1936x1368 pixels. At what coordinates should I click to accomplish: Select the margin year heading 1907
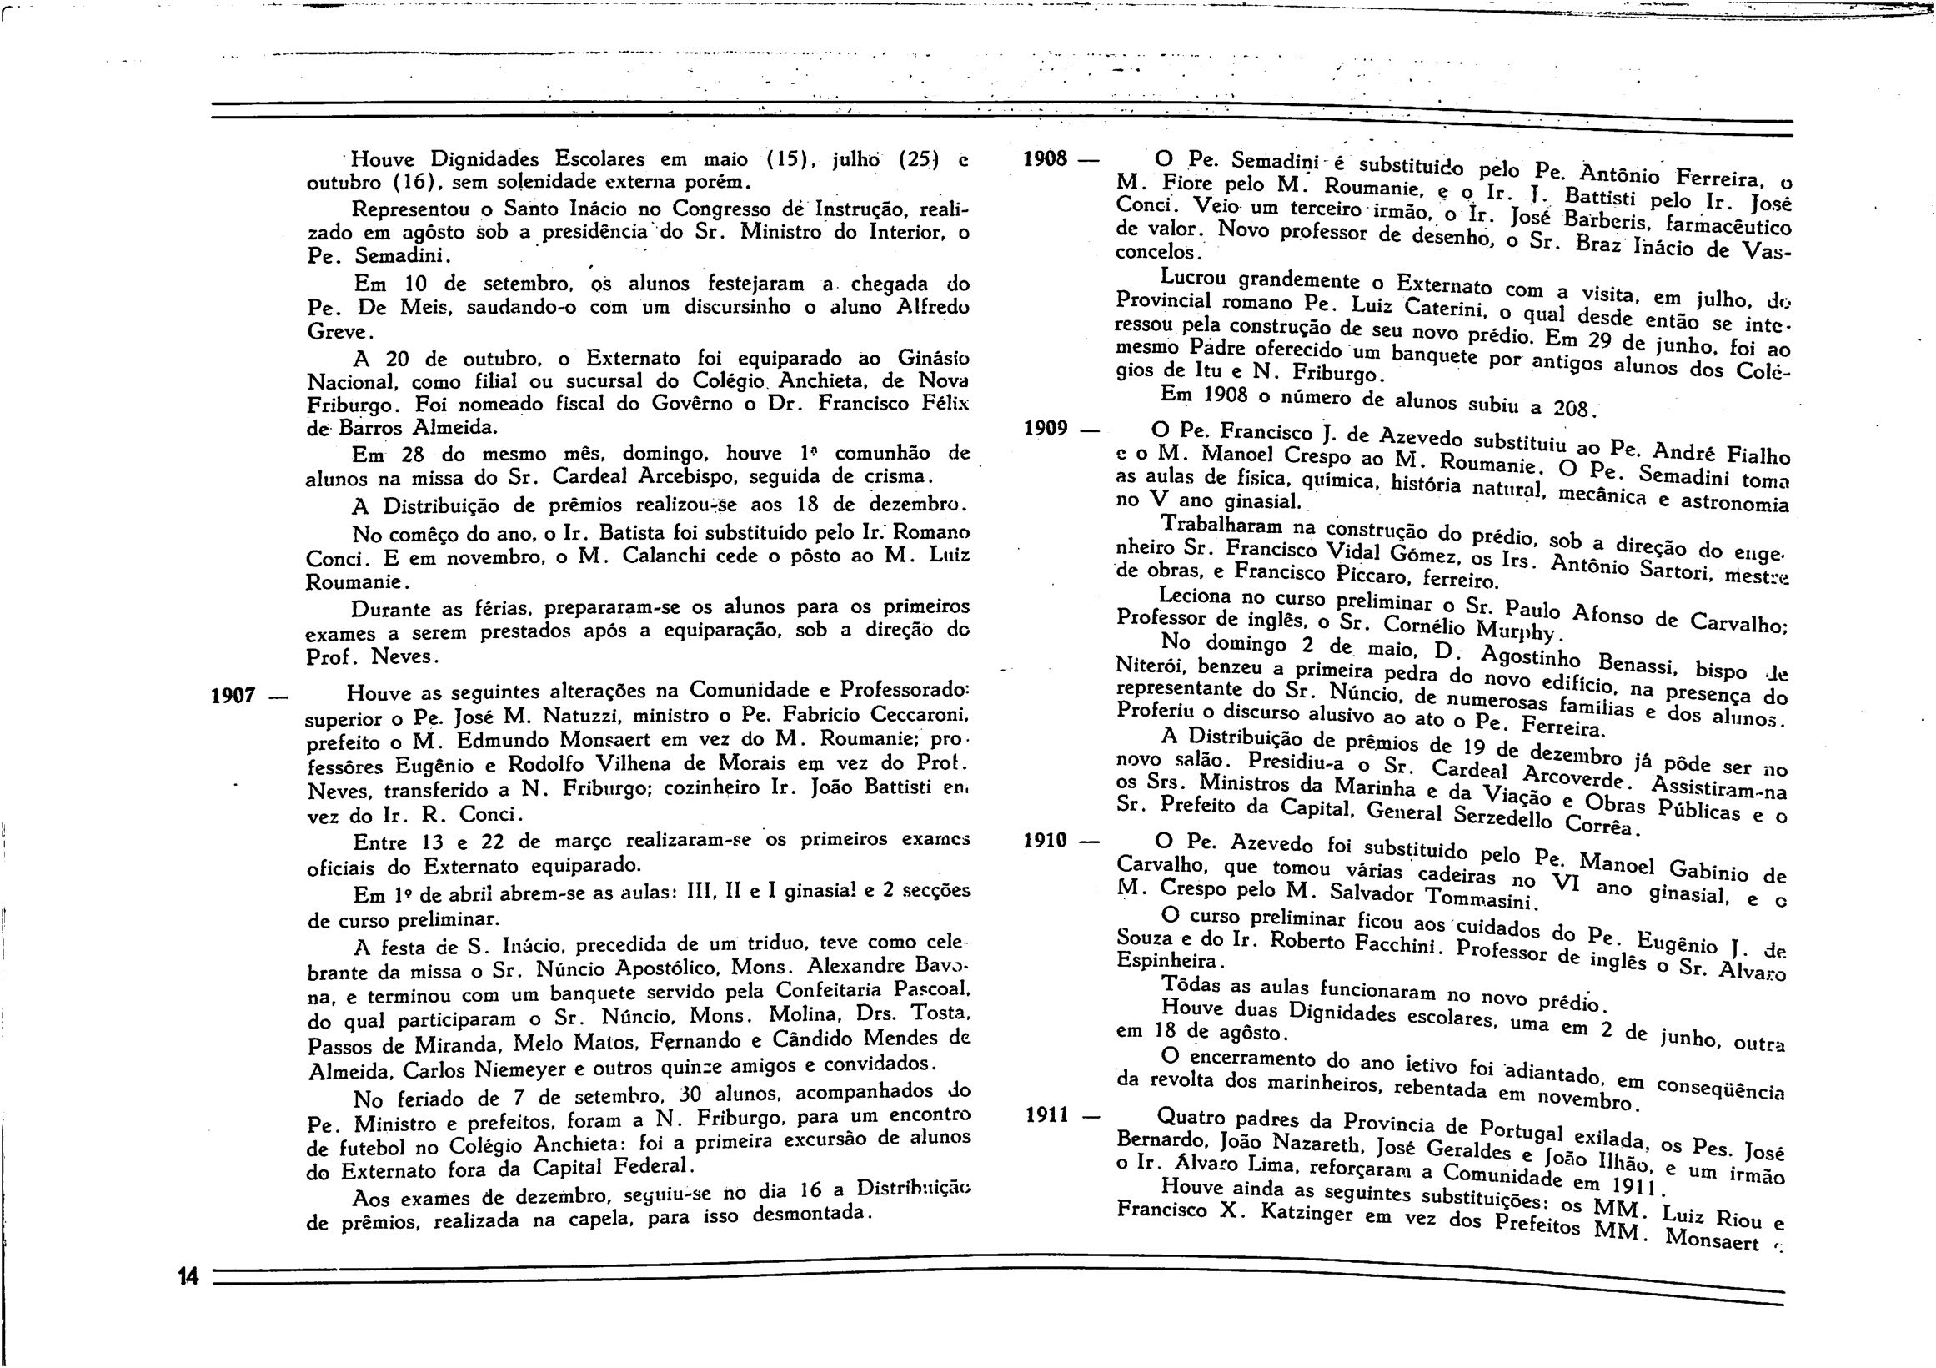coord(233,696)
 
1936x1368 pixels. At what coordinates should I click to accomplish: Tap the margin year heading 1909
coord(1046,429)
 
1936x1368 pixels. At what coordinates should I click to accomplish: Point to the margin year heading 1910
coord(1046,840)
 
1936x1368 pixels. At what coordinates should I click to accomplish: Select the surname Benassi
coord(1652,666)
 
